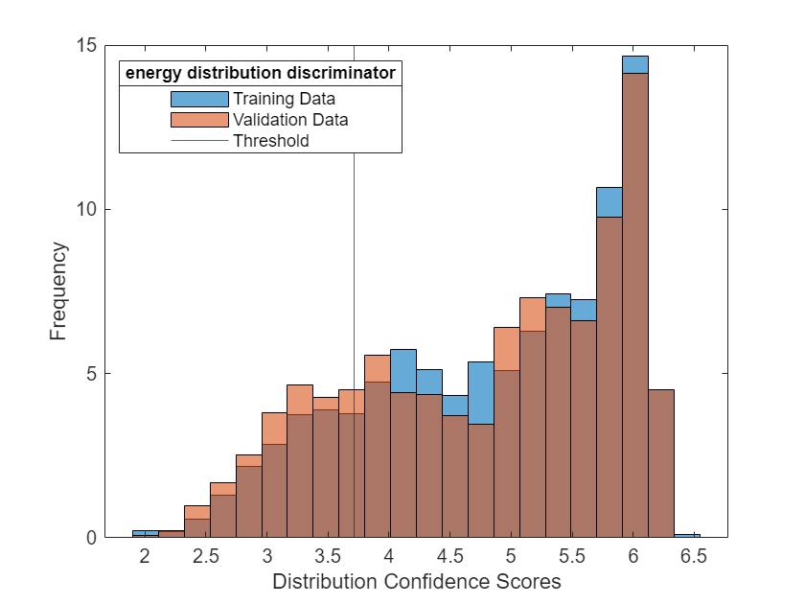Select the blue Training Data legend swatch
[x=199, y=99]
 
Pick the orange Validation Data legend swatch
[x=199, y=120]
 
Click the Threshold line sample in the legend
[x=199, y=141]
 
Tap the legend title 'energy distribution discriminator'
[x=260, y=73]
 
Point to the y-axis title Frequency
[x=59, y=291]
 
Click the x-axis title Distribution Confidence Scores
[x=416, y=582]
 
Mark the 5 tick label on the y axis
[x=90, y=374]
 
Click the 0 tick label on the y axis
[x=90, y=538]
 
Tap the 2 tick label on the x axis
[x=146, y=556]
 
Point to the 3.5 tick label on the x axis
[x=329, y=556]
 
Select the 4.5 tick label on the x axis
[x=450, y=556]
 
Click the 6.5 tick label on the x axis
[x=695, y=556]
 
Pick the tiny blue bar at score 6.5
[x=687, y=535]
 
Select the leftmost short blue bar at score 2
[x=146, y=533]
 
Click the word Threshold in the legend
[x=271, y=141]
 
